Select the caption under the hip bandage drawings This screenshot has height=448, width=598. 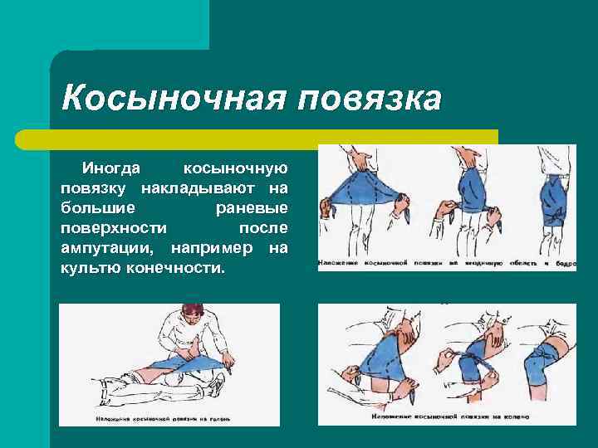tap(446, 264)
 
